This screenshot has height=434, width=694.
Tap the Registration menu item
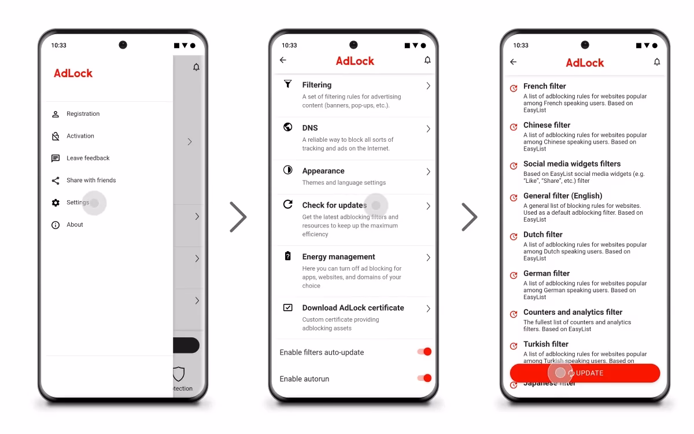click(x=83, y=114)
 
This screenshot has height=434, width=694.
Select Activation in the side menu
click(x=80, y=136)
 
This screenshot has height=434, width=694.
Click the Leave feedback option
click(x=88, y=158)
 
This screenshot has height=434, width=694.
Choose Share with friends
click(x=91, y=181)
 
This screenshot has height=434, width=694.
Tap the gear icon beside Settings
click(x=56, y=203)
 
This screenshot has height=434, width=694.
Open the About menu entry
click(x=75, y=225)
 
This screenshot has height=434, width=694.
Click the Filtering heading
click(x=317, y=85)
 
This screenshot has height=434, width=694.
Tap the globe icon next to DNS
click(x=288, y=127)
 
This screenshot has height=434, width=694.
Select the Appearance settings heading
click(x=323, y=171)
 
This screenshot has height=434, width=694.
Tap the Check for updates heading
click(x=334, y=205)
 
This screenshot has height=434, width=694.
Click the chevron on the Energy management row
click(x=428, y=258)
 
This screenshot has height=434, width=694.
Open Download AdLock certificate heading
click(x=353, y=308)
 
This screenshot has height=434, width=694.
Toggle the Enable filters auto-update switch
click(x=424, y=352)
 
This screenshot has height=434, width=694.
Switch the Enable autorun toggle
click(x=424, y=378)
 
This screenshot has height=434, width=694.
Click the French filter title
click(x=545, y=86)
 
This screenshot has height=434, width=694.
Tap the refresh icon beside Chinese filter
click(x=513, y=127)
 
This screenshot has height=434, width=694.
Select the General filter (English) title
click(x=563, y=196)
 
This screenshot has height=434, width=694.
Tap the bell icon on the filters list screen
click(x=657, y=62)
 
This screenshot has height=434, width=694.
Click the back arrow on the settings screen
click(x=283, y=60)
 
